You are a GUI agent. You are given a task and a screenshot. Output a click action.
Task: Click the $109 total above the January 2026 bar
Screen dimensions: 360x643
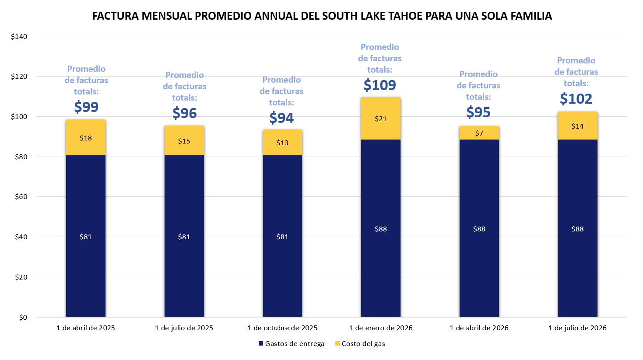pyautogui.click(x=380, y=85)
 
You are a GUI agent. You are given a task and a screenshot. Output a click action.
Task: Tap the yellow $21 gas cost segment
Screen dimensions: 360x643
pyautogui.click(x=381, y=119)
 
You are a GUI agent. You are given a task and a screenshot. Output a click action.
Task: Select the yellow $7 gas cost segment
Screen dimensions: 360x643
pyautogui.click(x=479, y=133)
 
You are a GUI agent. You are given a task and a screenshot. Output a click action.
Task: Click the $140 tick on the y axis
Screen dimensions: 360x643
pyautogui.click(x=19, y=37)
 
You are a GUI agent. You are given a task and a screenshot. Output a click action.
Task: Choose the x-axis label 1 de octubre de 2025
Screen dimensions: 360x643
pyautogui.click(x=282, y=328)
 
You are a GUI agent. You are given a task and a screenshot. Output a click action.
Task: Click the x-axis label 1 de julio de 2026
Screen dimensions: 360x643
pyautogui.click(x=577, y=328)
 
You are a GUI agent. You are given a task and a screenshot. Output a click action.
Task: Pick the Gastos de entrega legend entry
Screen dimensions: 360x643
pyautogui.click(x=292, y=344)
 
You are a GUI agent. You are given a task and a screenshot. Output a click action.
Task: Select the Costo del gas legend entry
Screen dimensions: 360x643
pyautogui.click(x=360, y=344)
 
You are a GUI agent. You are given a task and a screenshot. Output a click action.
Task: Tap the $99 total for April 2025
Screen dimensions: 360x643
pyautogui.click(x=86, y=107)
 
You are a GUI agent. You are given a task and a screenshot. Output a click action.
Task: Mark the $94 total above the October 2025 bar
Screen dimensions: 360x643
pyautogui.click(x=281, y=118)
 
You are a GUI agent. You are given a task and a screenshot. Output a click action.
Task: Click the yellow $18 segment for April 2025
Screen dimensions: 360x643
pyautogui.click(x=86, y=138)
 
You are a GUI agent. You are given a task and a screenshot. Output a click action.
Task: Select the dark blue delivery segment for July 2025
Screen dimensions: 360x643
pyautogui.click(x=184, y=236)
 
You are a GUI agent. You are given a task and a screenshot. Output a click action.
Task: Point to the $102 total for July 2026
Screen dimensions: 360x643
pyautogui.click(x=576, y=98)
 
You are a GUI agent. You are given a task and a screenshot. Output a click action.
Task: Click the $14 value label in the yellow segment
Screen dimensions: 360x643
pyautogui.click(x=577, y=126)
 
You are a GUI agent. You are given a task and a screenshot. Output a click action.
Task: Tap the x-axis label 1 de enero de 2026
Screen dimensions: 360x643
pyautogui.click(x=381, y=328)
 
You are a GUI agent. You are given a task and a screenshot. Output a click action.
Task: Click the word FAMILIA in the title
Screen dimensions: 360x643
pyautogui.click(x=530, y=16)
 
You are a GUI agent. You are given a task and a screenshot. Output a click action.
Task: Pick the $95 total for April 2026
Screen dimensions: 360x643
pyautogui.click(x=478, y=112)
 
